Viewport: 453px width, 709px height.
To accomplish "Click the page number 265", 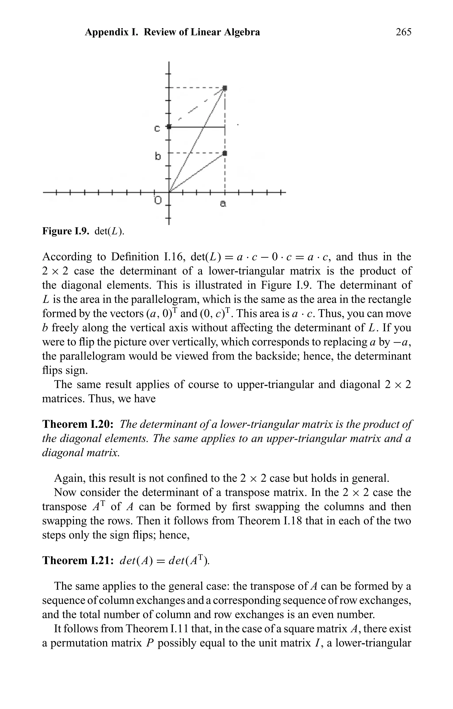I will (x=403, y=32).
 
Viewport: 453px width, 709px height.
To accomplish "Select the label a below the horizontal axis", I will (x=223, y=203).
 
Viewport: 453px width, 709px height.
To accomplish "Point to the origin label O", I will (x=158, y=201).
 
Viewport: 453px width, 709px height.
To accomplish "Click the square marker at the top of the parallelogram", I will (x=225, y=88).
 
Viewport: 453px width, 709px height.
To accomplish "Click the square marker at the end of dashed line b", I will (x=225, y=153).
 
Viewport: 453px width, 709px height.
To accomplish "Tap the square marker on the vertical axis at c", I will (x=169, y=127).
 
